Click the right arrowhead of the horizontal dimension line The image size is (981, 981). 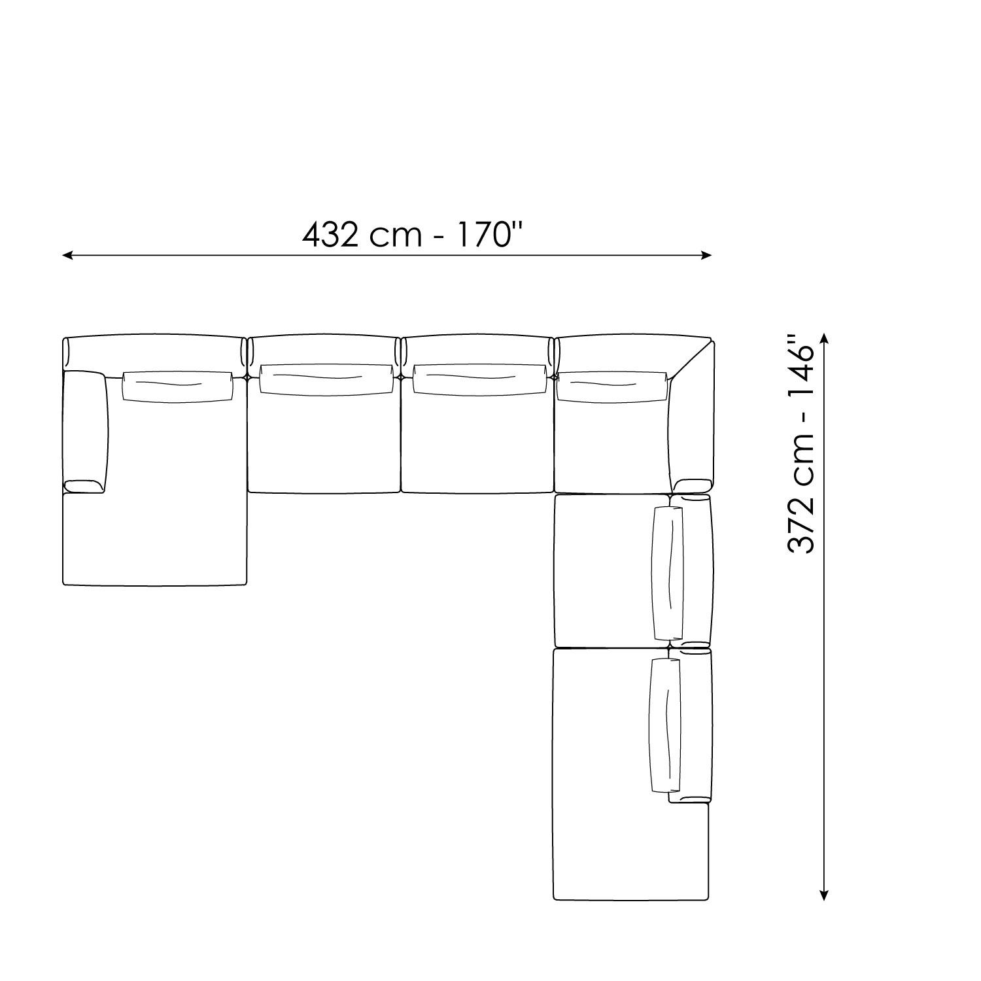[x=706, y=255]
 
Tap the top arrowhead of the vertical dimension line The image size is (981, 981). [x=824, y=339]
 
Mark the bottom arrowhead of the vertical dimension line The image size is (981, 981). [x=824, y=895]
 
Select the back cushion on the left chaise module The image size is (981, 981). [x=178, y=385]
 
